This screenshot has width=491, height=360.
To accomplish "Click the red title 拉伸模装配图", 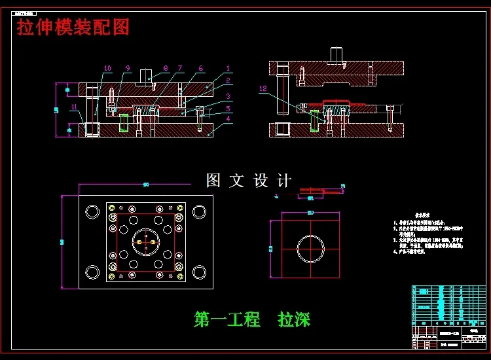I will pyautogui.click(x=73, y=27).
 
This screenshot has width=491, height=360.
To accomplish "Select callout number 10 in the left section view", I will pyautogui.click(x=108, y=68).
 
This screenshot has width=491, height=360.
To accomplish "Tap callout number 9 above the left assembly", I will pyautogui.click(x=128, y=68).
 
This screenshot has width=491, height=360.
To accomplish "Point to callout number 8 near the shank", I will pyautogui.click(x=166, y=68).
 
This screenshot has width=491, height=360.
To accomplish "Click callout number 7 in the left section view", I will pyautogui.click(x=180, y=68).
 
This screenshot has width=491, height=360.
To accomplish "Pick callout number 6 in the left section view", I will pyautogui.click(x=200, y=68).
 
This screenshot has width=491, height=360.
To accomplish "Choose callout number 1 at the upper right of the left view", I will pyautogui.click(x=227, y=68).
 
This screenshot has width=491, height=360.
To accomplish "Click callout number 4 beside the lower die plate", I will pyautogui.click(x=227, y=118).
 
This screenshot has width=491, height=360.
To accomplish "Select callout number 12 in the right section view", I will pyautogui.click(x=263, y=88).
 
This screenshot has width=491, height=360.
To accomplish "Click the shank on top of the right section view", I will pyautogui.click(x=337, y=54).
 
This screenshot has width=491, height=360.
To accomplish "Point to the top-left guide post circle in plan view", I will pyautogui.click(x=92, y=211).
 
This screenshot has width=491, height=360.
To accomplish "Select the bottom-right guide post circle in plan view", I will pyautogui.click(x=199, y=271).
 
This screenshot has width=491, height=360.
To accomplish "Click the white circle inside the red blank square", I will pyautogui.click(x=310, y=248).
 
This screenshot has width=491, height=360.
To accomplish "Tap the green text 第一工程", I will pyautogui.click(x=227, y=319).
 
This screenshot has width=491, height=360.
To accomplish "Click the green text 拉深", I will pyautogui.click(x=294, y=319).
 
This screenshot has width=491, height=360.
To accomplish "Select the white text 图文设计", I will pyautogui.click(x=248, y=181).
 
